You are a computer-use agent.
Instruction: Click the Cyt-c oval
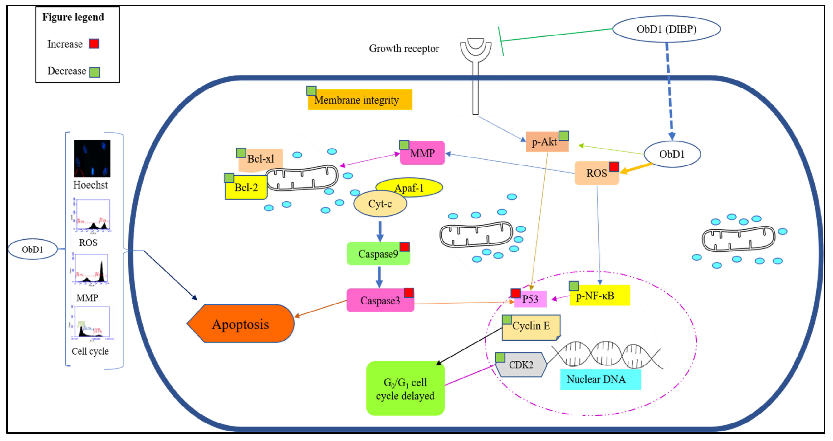tap(380, 204)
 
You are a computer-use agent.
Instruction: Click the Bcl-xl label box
tap(261, 159)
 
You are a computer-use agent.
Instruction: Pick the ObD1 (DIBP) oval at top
tap(666, 29)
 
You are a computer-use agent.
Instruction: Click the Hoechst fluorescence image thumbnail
tap(92, 159)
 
